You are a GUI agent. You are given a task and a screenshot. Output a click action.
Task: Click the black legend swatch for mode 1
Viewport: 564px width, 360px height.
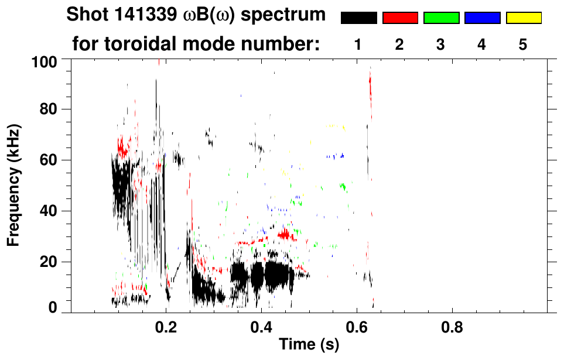[x=359, y=18]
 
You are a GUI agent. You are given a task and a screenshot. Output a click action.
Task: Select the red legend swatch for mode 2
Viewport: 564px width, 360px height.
[x=400, y=18]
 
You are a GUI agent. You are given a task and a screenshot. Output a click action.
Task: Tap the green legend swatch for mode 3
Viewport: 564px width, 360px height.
[x=441, y=18]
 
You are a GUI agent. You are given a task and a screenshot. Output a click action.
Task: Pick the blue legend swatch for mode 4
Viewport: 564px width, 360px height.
[x=482, y=18]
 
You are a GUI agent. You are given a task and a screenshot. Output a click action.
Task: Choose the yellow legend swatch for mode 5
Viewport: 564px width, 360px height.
[x=524, y=18]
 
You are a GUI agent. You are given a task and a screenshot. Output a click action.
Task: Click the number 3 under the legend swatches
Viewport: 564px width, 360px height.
[x=441, y=44]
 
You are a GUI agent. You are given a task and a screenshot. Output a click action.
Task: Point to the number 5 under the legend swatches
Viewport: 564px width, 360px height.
[x=523, y=44]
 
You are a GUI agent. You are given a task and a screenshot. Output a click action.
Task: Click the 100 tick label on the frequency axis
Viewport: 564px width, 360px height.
[x=44, y=61]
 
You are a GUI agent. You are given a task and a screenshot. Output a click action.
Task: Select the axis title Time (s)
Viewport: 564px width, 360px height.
[x=309, y=345]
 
